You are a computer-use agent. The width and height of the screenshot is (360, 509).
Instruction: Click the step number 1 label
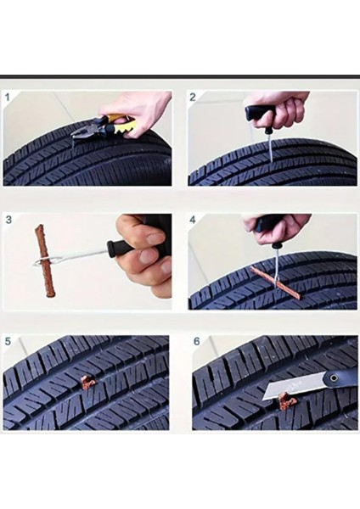click(8, 97)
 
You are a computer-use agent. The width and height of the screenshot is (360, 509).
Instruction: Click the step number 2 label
click(193, 97)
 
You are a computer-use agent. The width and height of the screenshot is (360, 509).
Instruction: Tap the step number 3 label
click(8, 220)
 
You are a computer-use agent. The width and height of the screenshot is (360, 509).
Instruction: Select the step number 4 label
click(193, 220)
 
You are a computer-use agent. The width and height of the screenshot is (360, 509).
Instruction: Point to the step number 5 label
click(8, 341)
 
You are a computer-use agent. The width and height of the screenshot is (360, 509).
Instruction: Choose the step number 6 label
click(197, 342)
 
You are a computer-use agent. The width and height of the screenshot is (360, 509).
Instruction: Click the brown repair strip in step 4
click(277, 281)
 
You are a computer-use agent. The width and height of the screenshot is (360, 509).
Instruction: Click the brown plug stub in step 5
click(87, 383)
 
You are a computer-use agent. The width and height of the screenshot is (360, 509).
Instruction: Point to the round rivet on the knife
click(333, 378)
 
